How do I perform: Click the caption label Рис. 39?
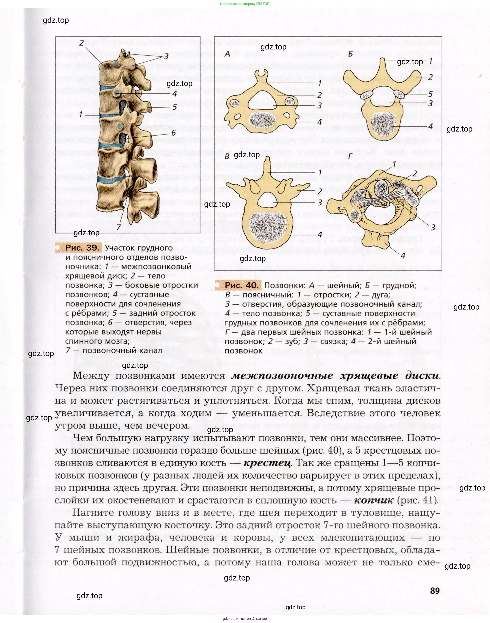pyautogui.click(x=82, y=248)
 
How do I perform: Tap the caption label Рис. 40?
pyautogui.click(x=242, y=285)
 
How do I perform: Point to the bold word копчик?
pyautogui.click(x=373, y=501)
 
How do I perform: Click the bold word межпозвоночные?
pyautogui.click(x=282, y=376)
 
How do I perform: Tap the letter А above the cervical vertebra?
pyautogui.click(x=228, y=54)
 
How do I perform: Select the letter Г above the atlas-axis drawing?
pyautogui.click(x=350, y=156)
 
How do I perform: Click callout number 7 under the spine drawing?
pyautogui.click(x=118, y=227)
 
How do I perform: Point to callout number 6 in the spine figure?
pyautogui.click(x=173, y=133)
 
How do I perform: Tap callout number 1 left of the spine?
pyautogui.click(x=81, y=114)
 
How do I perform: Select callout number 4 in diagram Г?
pyautogui.click(x=403, y=255)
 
